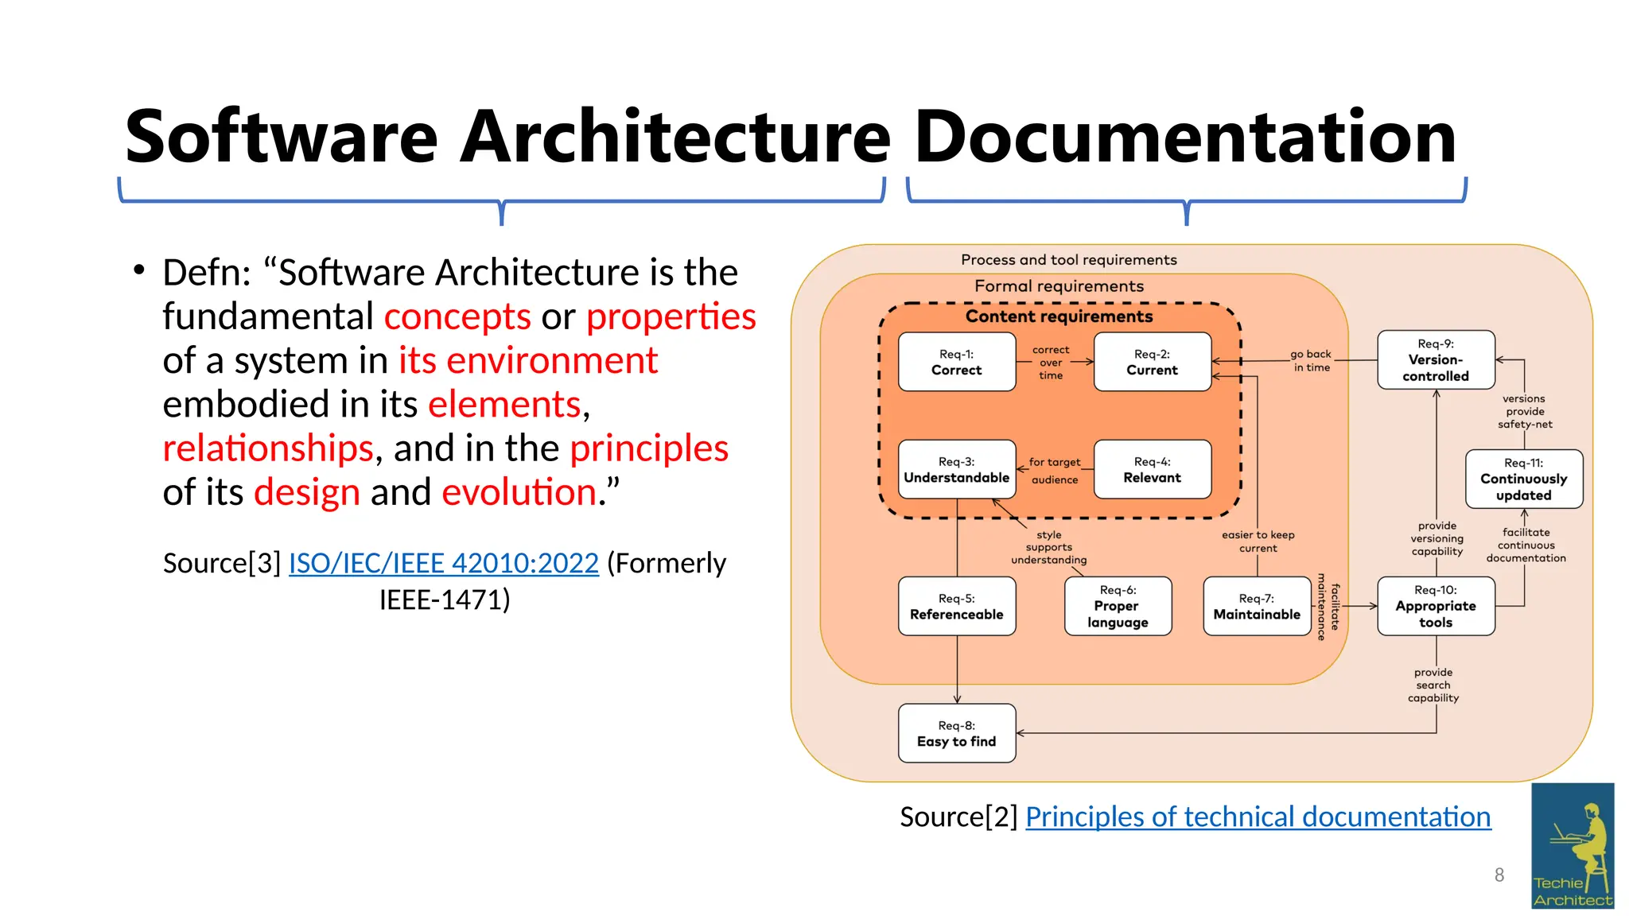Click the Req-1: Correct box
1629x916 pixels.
tap(956, 362)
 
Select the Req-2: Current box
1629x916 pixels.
tap(1152, 362)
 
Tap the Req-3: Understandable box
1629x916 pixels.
tap(956, 469)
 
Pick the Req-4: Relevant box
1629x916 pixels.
tap(1152, 469)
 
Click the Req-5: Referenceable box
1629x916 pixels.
tap(956, 606)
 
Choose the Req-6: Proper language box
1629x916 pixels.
tap(1118, 606)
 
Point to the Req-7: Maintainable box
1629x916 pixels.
tap(1257, 606)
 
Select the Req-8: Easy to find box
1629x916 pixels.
tap(956, 733)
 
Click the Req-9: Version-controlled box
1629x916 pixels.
tap(1436, 359)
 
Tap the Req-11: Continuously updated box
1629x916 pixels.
tap(1523, 479)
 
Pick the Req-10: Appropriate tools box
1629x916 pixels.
tap(1436, 606)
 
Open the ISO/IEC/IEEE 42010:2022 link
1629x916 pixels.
tap(443, 563)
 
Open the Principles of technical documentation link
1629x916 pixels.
tap(1258, 817)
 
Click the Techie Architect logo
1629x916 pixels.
tap(1573, 845)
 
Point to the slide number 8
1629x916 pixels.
tap(1499, 875)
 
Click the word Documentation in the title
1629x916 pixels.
tap(1185, 137)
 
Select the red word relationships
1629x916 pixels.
tap(268, 448)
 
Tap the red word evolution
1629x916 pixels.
tap(519, 492)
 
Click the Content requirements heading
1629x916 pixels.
tap(1059, 316)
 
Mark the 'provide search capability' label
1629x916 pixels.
tap(1433, 685)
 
